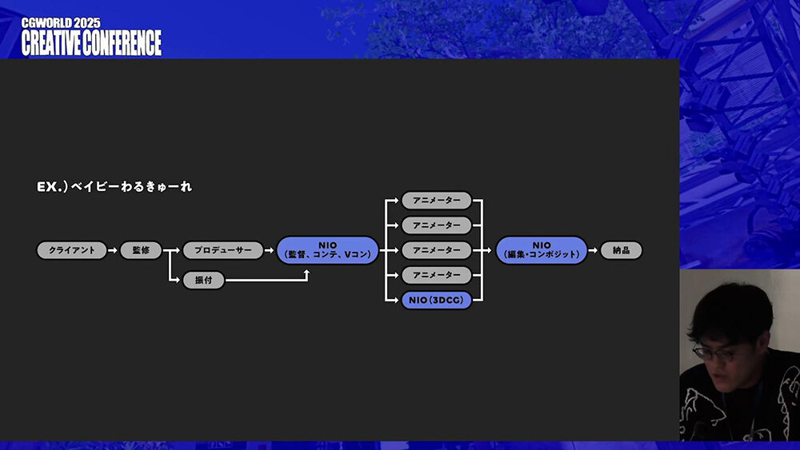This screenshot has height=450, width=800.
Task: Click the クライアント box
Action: [x=71, y=250]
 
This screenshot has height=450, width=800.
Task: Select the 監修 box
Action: [x=141, y=250]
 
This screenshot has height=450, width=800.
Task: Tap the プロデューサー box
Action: [x=222, y=250]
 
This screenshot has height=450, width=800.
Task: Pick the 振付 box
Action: [x=203, y=281]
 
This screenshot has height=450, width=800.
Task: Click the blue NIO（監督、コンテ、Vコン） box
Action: [x=328, y=250]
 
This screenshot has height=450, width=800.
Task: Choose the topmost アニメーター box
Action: [x=437, y=201]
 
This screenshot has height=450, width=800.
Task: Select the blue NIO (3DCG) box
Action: [x=437, y=301]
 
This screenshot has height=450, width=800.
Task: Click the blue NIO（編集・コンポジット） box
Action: [x=542, y=250]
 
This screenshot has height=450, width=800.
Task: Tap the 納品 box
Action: [x=621, y=250]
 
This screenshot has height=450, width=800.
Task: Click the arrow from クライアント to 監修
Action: [x=114, y=250]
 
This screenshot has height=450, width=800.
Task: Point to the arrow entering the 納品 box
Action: [x=594, y=250]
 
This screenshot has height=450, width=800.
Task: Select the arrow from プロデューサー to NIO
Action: [x=270, y=250]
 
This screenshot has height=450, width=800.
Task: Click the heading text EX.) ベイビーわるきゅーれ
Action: [x=114, y=187]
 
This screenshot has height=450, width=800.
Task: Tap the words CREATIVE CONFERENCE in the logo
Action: [x=91, y=43]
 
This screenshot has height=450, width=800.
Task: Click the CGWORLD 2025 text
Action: [x=61, y=23]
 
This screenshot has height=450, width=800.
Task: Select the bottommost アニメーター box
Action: [x=437, y=275]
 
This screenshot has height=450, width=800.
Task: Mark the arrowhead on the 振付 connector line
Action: [x=306, y=273]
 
